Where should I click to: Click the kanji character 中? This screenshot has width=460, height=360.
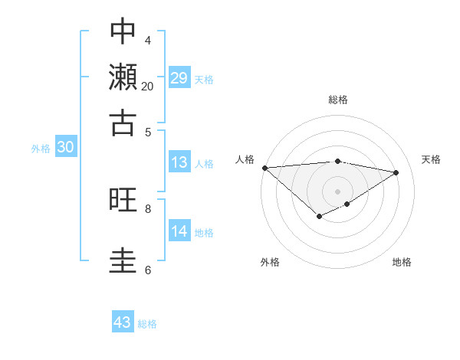tap(123, 31)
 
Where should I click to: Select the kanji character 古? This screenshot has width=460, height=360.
tap(123, 123)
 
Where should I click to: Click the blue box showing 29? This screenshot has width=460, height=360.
tap(179, 78)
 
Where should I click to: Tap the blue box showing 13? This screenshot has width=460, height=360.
tap(179, 162)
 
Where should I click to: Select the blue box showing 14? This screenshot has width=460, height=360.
tap(179, 231)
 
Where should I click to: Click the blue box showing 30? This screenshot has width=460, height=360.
tap(65, 148)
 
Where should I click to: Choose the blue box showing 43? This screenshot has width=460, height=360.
tap(123, 322)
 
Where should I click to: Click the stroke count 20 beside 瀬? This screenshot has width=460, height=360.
tap(147, 87)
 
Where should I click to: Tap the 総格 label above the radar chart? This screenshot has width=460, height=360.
tap(338, 100)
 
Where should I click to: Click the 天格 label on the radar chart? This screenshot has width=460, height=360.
tap(432, 159)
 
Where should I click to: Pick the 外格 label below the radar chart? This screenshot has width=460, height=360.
tap(270, 263)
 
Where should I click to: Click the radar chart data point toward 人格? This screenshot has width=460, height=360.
tap(264, 168)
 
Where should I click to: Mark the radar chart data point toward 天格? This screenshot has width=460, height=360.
tap(396, 172)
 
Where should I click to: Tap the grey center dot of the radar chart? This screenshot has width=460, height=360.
tap(338, 191)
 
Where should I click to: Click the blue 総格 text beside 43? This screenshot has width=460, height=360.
tap(147, 324)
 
